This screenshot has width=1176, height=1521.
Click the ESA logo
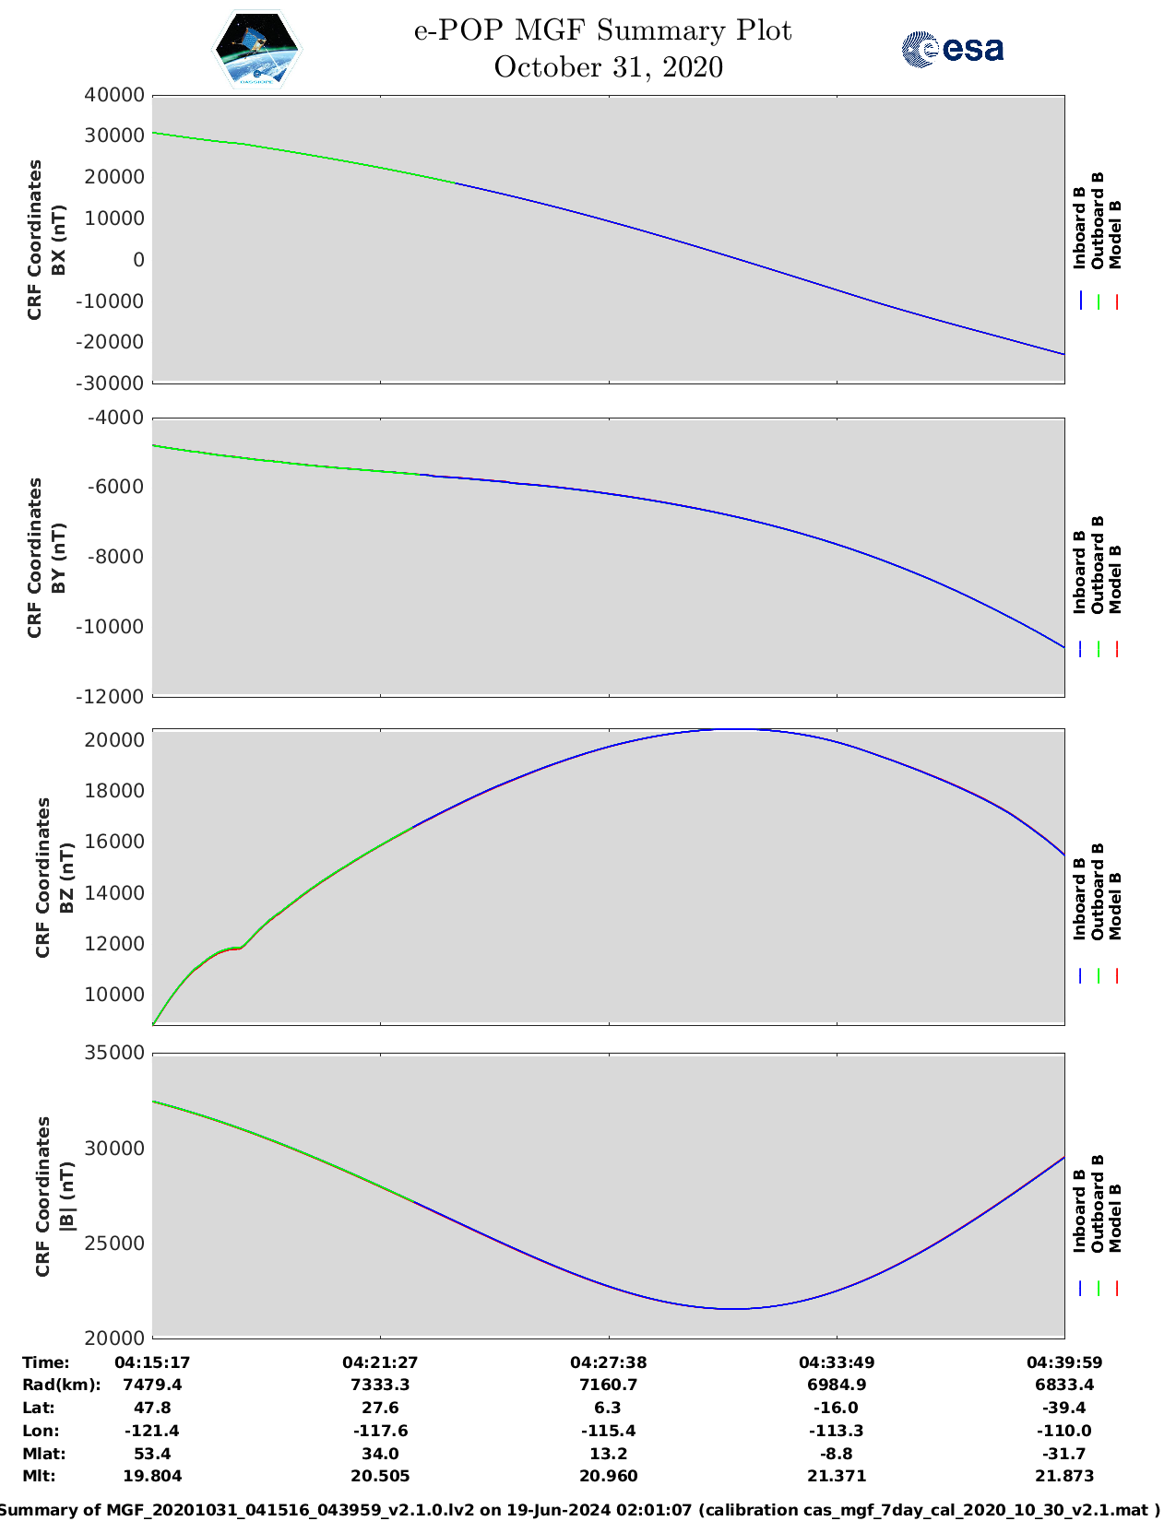tap(953, 49)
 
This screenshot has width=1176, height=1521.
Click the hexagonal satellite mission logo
tap(257, 49)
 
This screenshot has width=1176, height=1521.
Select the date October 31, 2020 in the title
tap(608, 67)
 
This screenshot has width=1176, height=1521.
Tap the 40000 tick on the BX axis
tap(114, 95)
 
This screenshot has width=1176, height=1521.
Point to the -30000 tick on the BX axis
tap(110, 383)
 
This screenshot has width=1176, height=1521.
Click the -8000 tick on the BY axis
tap(115, 557)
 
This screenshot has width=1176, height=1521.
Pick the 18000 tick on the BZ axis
tap(114, 790)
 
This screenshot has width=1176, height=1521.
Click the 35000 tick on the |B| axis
tap(114, 1052)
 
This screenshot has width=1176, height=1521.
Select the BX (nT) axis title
tap(59, 240)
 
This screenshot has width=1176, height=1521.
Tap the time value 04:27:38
tap(608, 1362)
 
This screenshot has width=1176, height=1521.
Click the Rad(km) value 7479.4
tap(152, 1385)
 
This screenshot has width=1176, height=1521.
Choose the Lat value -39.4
tap(1063, 1408)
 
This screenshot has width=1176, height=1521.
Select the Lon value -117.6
tap(380, 1431)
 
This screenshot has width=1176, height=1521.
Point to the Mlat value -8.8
tap(837, 1454)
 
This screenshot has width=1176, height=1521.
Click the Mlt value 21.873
tap(1063, 1476)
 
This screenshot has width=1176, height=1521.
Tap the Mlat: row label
tap(43, 1454)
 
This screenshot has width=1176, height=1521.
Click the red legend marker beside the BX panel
tap(1116, 301)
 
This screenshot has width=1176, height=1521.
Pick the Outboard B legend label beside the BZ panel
tap(1097, 891)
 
